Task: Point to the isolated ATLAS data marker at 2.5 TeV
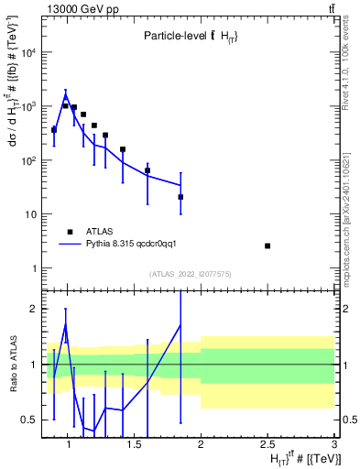tap(267, 245)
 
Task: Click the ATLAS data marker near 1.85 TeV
tap(180, 197)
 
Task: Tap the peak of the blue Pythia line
tap(66, 93)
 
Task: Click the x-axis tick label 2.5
tap(267, 445)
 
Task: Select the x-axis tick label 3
tap(333, 445)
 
